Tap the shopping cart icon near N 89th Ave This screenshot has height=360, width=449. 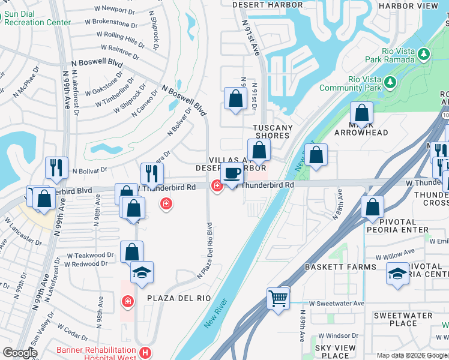coord(279,298)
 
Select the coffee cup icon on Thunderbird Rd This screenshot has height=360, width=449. coord(232,173)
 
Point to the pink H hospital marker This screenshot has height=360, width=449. coord(144,353)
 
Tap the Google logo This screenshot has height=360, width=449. coord(20,353)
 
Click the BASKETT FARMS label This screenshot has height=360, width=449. coord(332,266)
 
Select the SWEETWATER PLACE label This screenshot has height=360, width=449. coord(403,319)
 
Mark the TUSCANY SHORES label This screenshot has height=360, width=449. coord(273,132)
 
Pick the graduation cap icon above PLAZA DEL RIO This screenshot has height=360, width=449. coord(142,272)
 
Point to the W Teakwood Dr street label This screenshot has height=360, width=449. coord(89,255)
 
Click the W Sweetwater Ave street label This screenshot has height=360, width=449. coord(336,304)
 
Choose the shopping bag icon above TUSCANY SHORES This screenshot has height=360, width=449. coord(235,99)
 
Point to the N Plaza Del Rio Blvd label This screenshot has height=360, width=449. coord(205,251)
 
